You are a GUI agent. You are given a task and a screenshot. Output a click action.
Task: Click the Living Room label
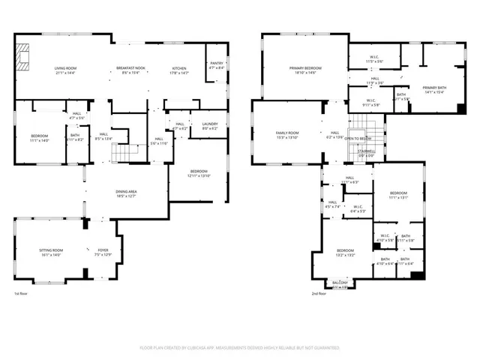(66, 70)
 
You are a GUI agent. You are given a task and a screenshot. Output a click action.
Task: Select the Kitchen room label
(179, 70)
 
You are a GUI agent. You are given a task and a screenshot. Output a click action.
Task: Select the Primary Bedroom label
(304, 70)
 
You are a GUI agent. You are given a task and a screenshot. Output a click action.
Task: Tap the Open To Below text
(361, 139)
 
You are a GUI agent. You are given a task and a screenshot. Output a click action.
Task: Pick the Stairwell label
(366, 152)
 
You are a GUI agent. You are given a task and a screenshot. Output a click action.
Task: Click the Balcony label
(340, 283)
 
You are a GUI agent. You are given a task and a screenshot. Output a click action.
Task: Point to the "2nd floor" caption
(319, 294)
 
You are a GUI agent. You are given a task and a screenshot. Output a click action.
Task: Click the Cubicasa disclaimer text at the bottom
(239, 348)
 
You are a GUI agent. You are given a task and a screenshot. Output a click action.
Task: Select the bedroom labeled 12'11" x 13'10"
(198, 173)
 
